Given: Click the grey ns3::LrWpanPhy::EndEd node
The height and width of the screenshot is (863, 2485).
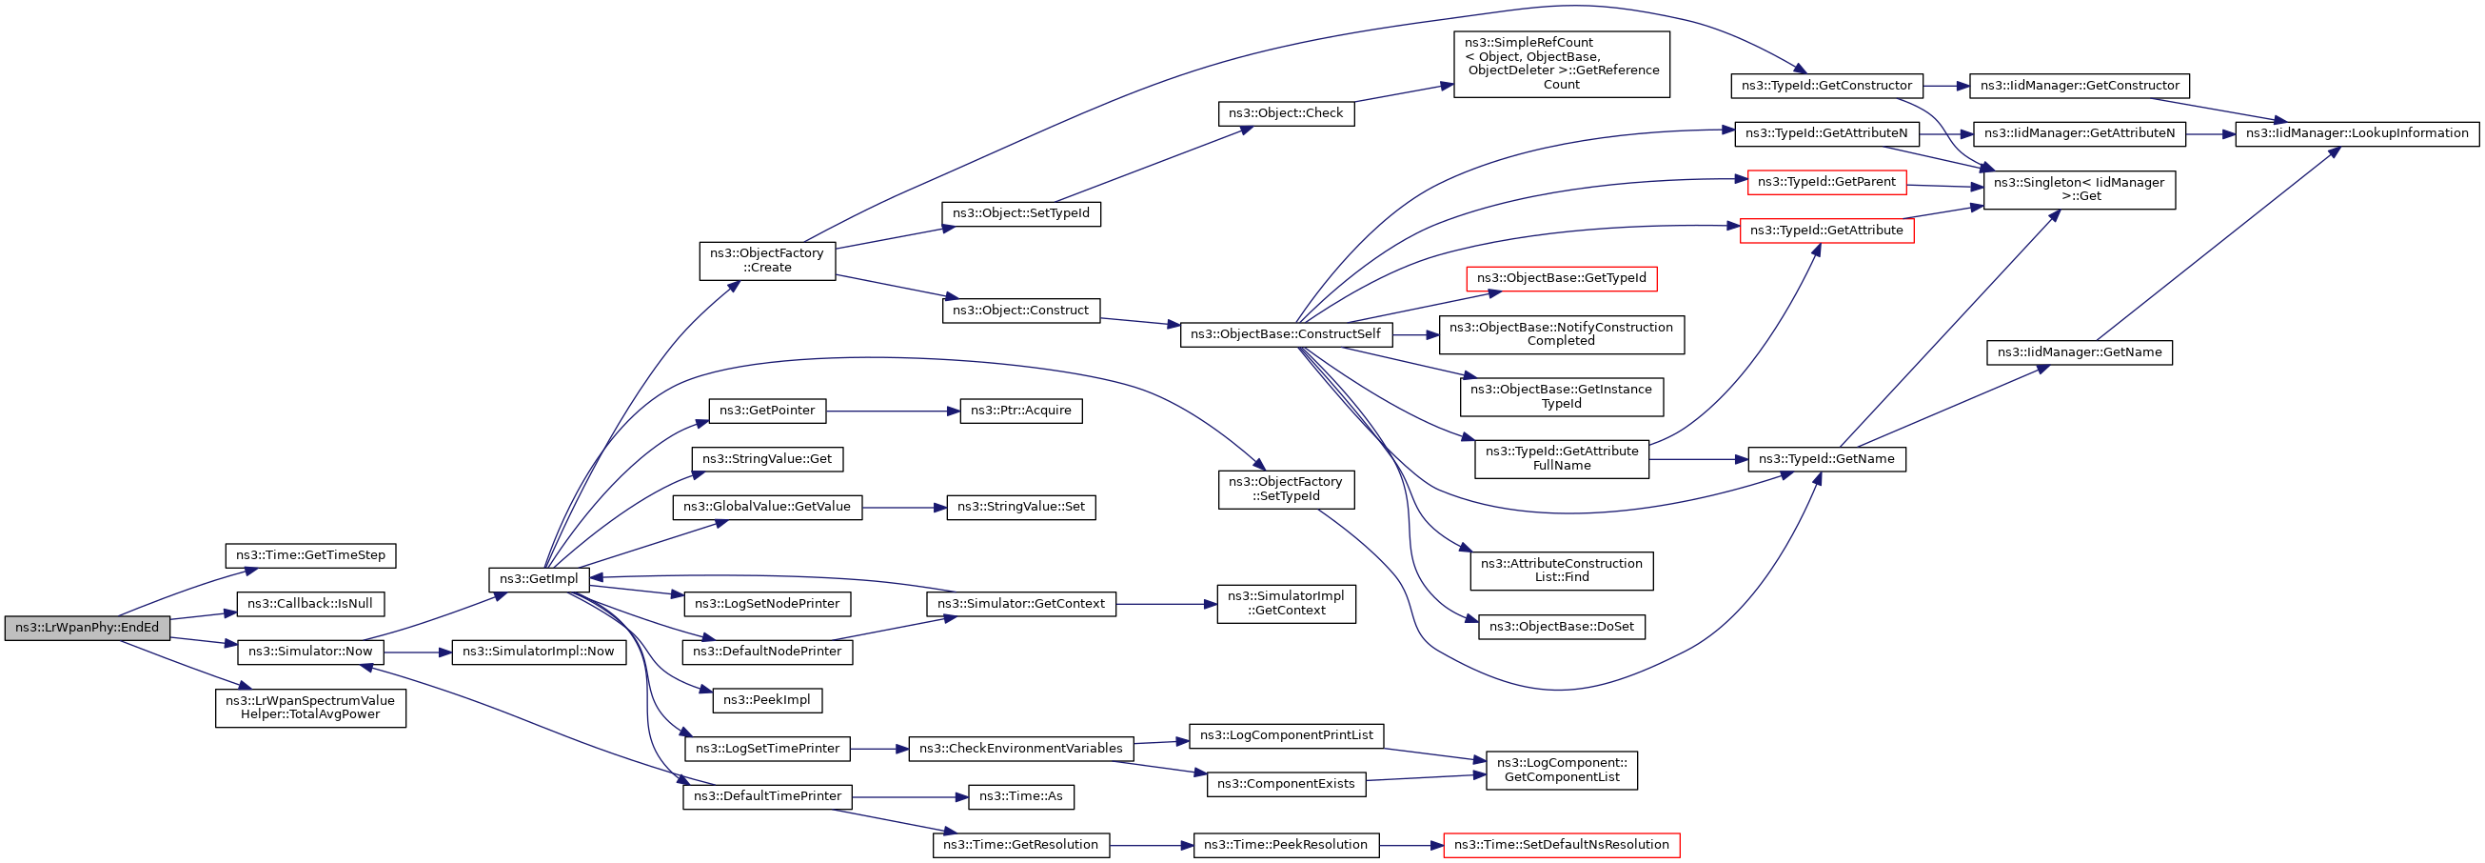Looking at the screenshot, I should point(87,628).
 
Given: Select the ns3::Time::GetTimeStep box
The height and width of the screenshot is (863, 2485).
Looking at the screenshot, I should point(310,555).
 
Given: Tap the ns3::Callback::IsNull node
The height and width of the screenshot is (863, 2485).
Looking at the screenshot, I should point(310,604).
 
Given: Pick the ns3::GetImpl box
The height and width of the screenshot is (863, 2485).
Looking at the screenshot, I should point(539,579).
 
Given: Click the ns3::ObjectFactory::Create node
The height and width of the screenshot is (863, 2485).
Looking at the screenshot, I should point(767,261).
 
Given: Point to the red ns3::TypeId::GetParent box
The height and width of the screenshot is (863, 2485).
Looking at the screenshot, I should point(1826,182).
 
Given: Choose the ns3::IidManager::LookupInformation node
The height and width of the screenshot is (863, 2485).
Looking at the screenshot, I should point(2357,133).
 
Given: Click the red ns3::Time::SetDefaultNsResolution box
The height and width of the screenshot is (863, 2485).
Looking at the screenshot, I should point(1561,845).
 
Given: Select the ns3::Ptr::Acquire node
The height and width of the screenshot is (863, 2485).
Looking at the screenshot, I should point(1020,411).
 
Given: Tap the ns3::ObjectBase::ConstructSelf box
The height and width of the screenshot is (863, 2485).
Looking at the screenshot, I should point(1286,334).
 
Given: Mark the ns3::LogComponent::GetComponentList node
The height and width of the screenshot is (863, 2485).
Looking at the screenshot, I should point(1561,770).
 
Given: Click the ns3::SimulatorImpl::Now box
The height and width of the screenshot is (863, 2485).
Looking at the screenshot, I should point(539,652).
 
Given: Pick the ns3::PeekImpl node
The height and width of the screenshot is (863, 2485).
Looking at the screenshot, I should point(767,700).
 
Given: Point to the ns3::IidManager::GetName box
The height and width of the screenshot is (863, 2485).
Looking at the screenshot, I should point(2079,352).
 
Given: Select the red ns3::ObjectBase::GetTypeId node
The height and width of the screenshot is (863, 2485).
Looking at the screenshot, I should point(1561,278).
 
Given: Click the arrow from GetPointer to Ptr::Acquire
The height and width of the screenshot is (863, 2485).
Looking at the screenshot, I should point(893,411).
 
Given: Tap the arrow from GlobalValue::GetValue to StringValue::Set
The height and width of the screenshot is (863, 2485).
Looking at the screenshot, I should point(904,508).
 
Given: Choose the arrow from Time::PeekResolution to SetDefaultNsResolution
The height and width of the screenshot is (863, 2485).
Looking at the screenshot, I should point(1410,846).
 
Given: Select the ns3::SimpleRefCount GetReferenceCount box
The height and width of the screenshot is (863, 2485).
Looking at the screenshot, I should point(1561,64).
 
